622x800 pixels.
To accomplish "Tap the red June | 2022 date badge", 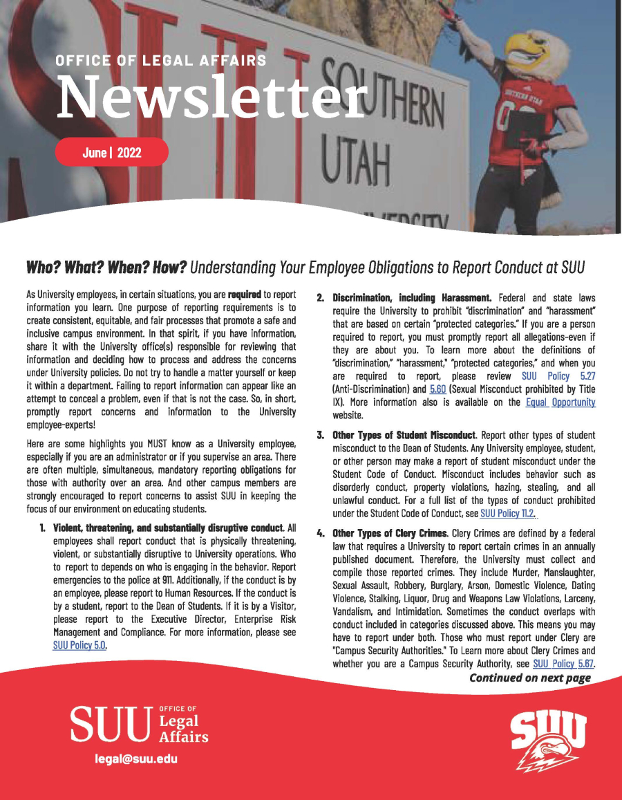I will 112,152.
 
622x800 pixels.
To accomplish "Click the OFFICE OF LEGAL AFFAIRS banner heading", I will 160,61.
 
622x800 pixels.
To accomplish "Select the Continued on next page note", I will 529,678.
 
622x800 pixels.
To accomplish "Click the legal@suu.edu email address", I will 137,759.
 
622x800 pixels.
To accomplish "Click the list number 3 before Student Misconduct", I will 321,436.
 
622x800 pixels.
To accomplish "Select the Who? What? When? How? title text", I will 106,266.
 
